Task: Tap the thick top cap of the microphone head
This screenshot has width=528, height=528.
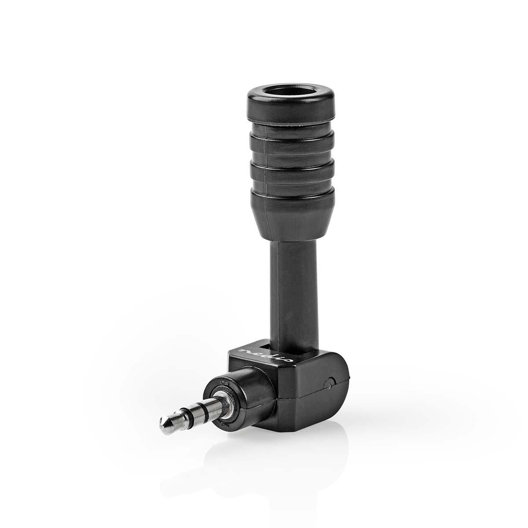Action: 290,110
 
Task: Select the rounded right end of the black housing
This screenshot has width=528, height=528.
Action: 339,383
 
